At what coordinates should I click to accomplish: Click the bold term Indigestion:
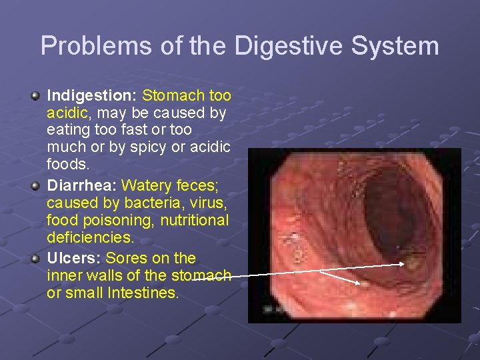(92, 96)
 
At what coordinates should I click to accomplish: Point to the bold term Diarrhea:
(82, 185)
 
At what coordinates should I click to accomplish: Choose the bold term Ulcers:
(74, 258)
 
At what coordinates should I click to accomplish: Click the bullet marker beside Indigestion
(36, 97)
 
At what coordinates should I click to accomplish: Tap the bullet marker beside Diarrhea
(36, 186)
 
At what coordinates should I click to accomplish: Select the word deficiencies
(89, 237)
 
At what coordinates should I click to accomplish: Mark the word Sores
(127, 258)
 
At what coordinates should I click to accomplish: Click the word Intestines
(145, 293)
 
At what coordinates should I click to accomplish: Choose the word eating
(67, 129)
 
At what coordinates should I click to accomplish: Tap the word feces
(203, 185)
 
